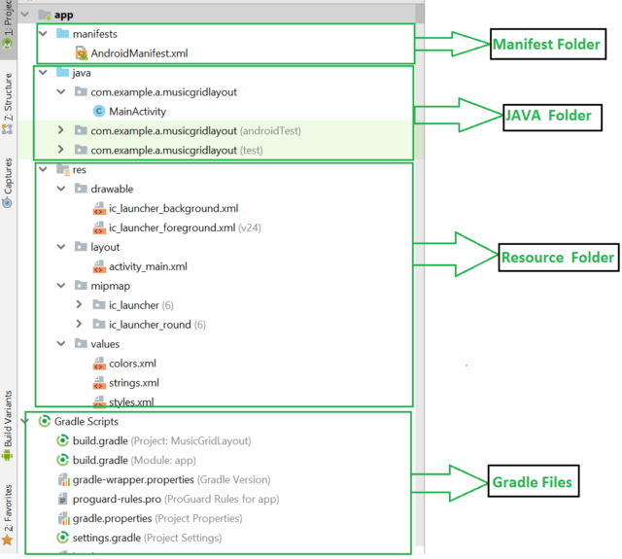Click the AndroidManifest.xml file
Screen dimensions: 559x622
(x=138, y=53)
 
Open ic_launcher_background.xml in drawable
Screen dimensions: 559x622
(x=173, y=208)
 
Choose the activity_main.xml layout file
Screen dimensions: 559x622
(x=148, y=265)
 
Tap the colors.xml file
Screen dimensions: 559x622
(x=132, y=363)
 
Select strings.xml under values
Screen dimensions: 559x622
(x=134, y=382)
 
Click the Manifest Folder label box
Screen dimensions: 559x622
(x=544, y=45)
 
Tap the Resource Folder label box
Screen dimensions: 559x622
(x=558, y=257)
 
